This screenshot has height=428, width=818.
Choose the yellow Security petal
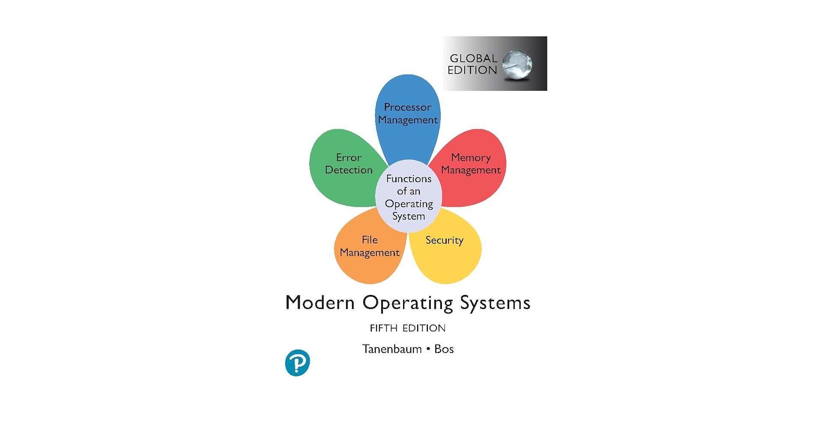click(448, 261)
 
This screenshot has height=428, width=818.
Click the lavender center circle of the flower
click(409, 197)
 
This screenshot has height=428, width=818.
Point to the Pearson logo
click(297, 363)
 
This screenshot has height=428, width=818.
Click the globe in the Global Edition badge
click(517, 65)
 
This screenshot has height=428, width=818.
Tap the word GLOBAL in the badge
click(473, 58)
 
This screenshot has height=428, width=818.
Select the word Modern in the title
click(320, 303)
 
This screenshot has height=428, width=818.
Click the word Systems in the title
click(495, 303)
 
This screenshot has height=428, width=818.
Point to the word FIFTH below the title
click(384, 328)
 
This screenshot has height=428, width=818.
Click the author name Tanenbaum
click(392, 349)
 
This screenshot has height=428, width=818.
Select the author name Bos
click(444, 349)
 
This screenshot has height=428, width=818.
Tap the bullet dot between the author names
click(428, 349)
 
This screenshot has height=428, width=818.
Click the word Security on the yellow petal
click(444, 241)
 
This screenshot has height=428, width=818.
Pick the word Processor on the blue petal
click(407, 107)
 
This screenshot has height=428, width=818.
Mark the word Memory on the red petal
click(471, 158)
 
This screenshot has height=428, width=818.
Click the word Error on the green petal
click(349, 158)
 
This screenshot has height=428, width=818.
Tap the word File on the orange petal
click(370, 240)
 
